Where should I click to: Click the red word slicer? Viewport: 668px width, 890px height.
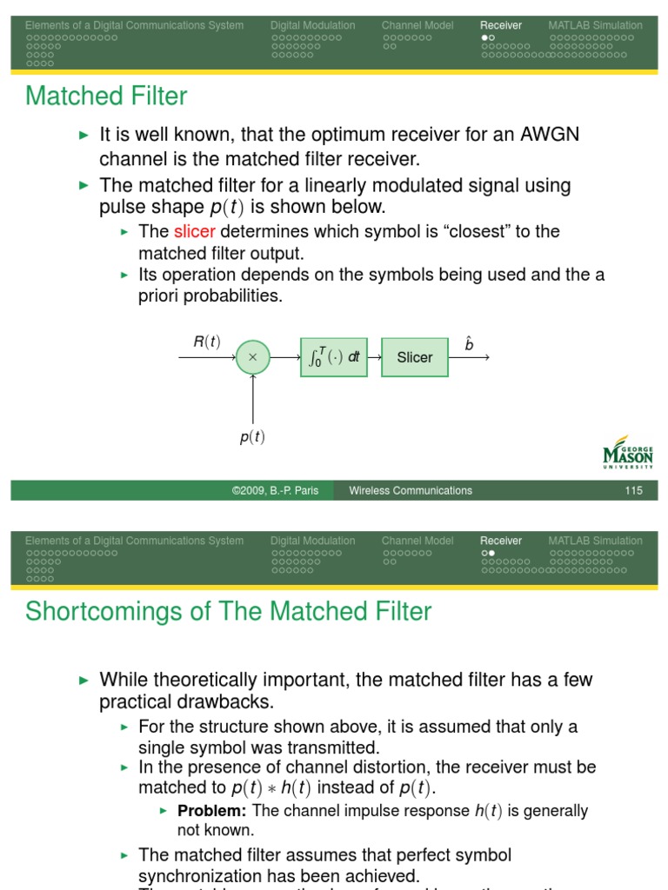click(x=194, y=231)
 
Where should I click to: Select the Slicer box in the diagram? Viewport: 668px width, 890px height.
click(x=415, y=357)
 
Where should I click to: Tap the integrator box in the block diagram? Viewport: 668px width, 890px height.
click(x=334, y=357)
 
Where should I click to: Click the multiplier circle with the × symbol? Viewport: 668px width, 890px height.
click(x=253, y=357)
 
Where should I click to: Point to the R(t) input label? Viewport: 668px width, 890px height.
click(x=207, y=342)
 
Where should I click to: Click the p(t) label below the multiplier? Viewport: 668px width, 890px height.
click(x=252, y=437)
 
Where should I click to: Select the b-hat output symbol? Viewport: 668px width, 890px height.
click(x=469, y=343)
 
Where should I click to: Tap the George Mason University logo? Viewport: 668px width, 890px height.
click(x=627, y=453)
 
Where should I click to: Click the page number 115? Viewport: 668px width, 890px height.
click(x=633, y=491)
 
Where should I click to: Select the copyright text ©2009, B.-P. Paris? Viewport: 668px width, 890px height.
click(x=275, y=491)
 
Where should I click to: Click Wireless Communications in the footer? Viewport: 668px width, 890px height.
click(x=411, y=491)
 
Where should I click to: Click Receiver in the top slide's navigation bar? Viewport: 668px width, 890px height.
click(x=501, y=25)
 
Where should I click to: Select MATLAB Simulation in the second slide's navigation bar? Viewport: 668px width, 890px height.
click(x=595, y=541)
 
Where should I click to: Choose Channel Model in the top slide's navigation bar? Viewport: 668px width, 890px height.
click(x=417, y=25)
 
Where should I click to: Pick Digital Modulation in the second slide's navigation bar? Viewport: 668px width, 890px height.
click(x=312, y=541)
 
